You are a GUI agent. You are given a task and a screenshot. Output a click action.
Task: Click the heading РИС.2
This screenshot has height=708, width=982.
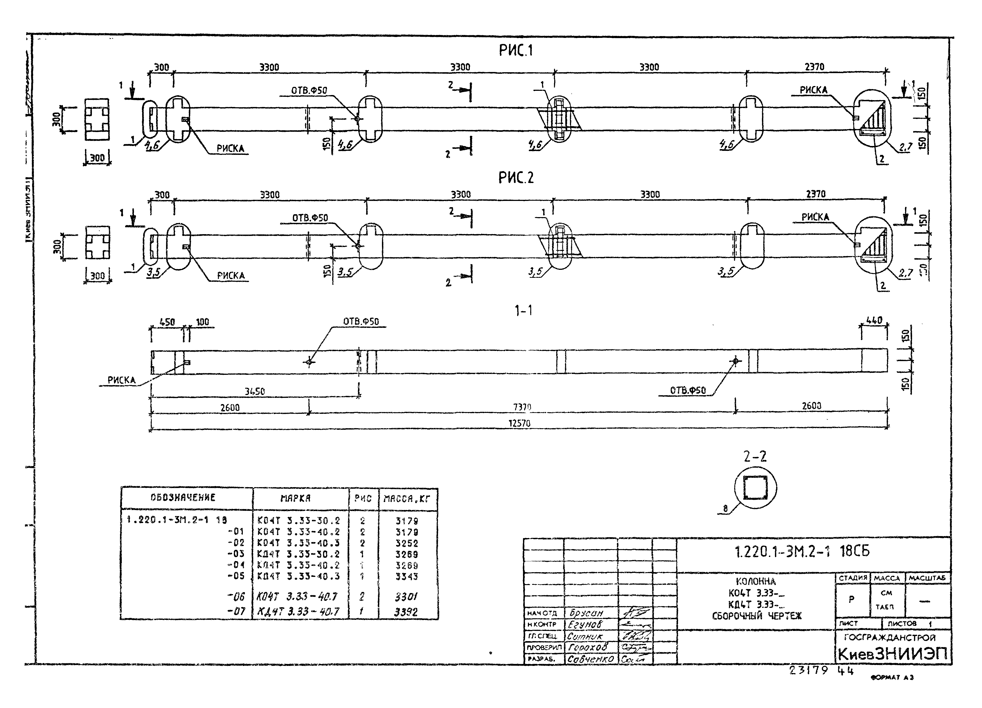(516, 178)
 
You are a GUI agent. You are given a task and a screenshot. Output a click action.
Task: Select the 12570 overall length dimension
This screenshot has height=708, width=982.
(519, 423)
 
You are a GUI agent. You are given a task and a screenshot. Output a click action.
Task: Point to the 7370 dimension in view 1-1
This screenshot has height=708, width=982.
(522, 407)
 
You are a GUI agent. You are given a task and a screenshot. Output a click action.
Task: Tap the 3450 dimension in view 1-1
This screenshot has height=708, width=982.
(255, 391)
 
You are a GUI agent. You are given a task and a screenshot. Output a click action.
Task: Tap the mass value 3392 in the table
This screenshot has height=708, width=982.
(406, 612)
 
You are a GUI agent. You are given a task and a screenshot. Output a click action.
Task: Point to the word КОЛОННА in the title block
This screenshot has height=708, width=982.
(755, 582)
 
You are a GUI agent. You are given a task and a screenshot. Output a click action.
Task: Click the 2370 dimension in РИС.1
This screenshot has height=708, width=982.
(814, 67)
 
